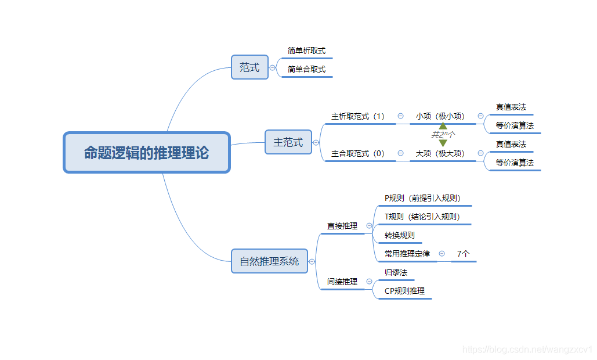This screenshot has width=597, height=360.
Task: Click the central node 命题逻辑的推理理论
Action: point(147,153)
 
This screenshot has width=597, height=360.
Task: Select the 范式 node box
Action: point(249,67)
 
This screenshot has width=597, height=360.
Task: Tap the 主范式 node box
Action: point(288,142)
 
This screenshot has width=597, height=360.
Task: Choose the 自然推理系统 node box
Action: point(269,261)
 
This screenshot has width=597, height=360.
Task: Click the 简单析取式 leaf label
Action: point(306,51)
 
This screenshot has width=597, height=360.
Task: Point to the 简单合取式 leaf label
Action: point(306,70)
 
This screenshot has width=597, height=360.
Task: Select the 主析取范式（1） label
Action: point(358,117)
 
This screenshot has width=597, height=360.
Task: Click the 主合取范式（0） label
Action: point(358,154)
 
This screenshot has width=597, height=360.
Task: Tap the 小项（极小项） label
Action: point(440,117)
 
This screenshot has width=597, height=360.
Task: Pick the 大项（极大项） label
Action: point(440,154)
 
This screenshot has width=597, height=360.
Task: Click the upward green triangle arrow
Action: point(443,125)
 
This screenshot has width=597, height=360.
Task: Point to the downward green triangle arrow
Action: point(443,143)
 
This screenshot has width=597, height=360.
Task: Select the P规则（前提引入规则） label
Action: point(423,198)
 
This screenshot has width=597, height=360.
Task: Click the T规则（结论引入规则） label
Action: point(422,217)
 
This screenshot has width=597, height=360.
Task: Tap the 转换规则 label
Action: point(400,236)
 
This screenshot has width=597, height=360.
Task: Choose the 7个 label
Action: point(463,254)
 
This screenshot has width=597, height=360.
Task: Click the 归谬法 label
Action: point(396,272)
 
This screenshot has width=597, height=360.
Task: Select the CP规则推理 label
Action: point(404,291)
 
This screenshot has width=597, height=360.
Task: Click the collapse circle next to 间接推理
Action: point(369,282)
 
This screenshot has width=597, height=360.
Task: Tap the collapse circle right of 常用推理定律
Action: point(442,254)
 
